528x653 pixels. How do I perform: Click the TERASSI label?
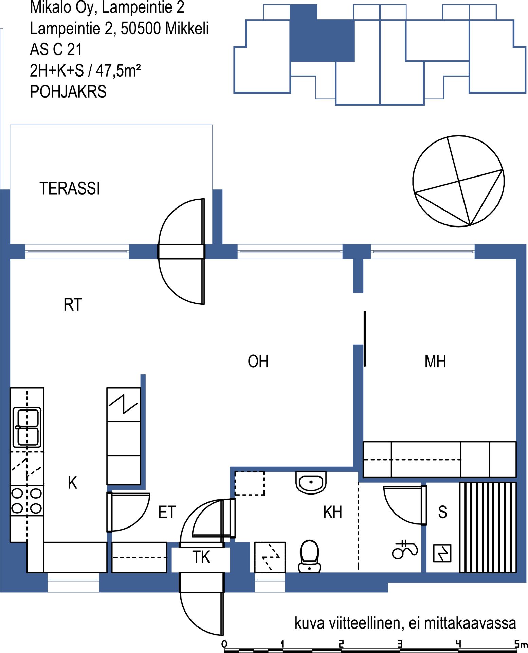(70, 188)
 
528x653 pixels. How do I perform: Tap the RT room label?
(73, 304)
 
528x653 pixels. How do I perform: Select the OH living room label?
(258, 361)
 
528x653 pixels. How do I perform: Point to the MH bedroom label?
(435, 361)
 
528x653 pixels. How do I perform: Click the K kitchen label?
(72, 483)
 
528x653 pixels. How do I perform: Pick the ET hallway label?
(167, 512)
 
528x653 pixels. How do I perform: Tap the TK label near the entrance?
(201, 557)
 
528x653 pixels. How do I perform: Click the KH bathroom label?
(332, 512)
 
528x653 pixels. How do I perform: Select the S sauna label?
(442, 512)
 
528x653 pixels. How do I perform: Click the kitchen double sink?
(27, 427)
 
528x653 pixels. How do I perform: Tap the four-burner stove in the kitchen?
(27, 501)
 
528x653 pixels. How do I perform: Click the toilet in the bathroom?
(309, 556)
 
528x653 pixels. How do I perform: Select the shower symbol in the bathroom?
(405, 549)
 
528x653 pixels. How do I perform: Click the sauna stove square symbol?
(442, 553)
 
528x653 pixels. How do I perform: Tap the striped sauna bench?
(488, 528)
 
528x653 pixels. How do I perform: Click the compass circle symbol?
(458, 181)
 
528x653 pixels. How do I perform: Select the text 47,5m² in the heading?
(118, 70)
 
